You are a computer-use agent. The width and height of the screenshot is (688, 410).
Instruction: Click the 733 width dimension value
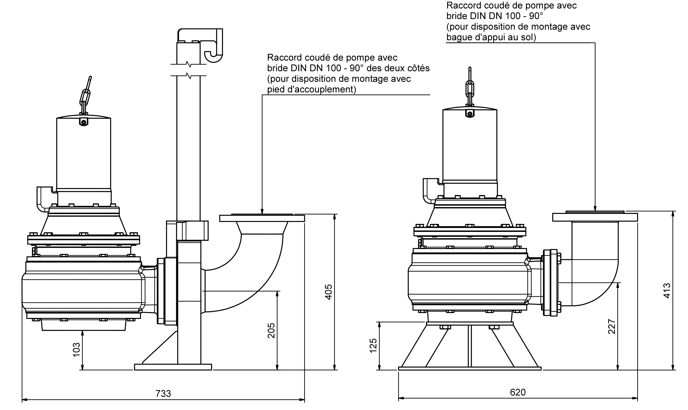click(x=163, y=393)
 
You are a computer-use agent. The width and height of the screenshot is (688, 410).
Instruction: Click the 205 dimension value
click(x=271, y=331)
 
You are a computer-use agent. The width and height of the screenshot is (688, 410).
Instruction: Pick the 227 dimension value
click(x=612, y=327)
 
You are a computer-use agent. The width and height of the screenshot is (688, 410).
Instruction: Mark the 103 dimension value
click(x=76, y=350)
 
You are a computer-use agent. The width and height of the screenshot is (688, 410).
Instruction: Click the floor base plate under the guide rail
click(x=173, y=367)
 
